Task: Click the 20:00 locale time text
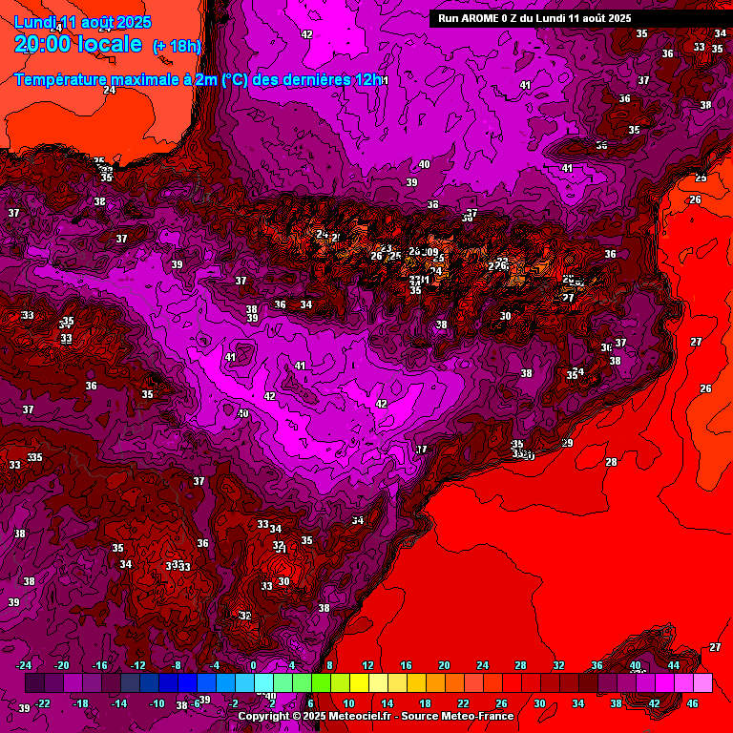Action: click(78, 44)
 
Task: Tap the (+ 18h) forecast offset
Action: click(178, 46)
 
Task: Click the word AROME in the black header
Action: click(485, 18)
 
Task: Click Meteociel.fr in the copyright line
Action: click(354, 716)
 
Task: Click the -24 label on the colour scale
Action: click(24, 665)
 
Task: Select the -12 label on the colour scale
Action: click(138, 665)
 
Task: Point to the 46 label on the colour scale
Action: click(693, 703)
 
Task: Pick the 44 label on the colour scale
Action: click(674, 665)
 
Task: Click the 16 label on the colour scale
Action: click(406, 665)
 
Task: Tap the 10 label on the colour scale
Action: click(348, 703)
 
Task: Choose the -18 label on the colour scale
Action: click(81, 703)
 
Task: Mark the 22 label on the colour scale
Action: click(463, 703)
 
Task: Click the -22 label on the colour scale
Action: click(43, 703)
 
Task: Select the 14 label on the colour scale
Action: click(387, 703)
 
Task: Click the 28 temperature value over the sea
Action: click(611, 462)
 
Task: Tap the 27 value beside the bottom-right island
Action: click(716, 647)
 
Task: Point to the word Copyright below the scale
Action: click(265, 716)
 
